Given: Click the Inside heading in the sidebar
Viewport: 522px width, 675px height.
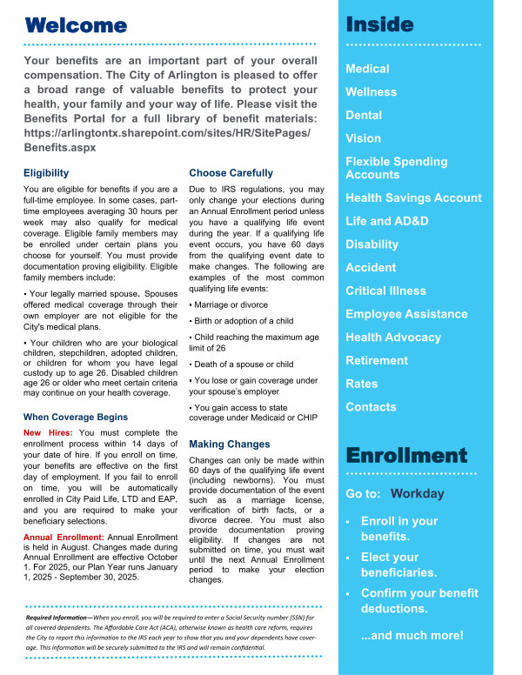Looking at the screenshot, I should (x=379, y=23).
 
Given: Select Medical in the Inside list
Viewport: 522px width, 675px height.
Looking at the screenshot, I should (x=367, y=69).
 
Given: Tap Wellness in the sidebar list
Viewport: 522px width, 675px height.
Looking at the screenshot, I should (x=371, y=92).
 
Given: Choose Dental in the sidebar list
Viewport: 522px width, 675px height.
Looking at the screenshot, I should (x=364, y=115).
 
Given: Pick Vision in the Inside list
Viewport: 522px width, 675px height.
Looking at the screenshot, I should (x=363, y=138).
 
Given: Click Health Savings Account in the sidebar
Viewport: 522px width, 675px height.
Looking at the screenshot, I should (x=413, y=198).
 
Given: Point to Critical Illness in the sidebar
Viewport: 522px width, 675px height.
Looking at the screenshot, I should (x=385, y=291).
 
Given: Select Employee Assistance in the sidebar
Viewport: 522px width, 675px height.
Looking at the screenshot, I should (x=406, y=314).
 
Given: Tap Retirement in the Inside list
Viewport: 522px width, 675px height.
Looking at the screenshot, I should (x=377, y=360).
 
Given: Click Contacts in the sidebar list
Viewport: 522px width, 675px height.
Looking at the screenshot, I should (x=371, y=407).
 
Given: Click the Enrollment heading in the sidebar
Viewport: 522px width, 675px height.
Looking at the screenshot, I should (x=405, y=456).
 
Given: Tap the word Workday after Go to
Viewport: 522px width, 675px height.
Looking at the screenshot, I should (x=418, y=494).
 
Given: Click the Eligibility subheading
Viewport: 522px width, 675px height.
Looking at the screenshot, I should (x=46, y=173).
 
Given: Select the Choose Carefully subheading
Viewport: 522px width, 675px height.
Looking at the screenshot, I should (x=231, y=173).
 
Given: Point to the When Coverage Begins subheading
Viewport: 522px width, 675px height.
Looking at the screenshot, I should (x=76, y=417).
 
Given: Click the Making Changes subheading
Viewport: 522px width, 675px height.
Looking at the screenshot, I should (x=230, y=444).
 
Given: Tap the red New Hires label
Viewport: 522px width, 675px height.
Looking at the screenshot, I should (x=48, y=432).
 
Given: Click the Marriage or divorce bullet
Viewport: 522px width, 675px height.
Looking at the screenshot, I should (x=231, y=305).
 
